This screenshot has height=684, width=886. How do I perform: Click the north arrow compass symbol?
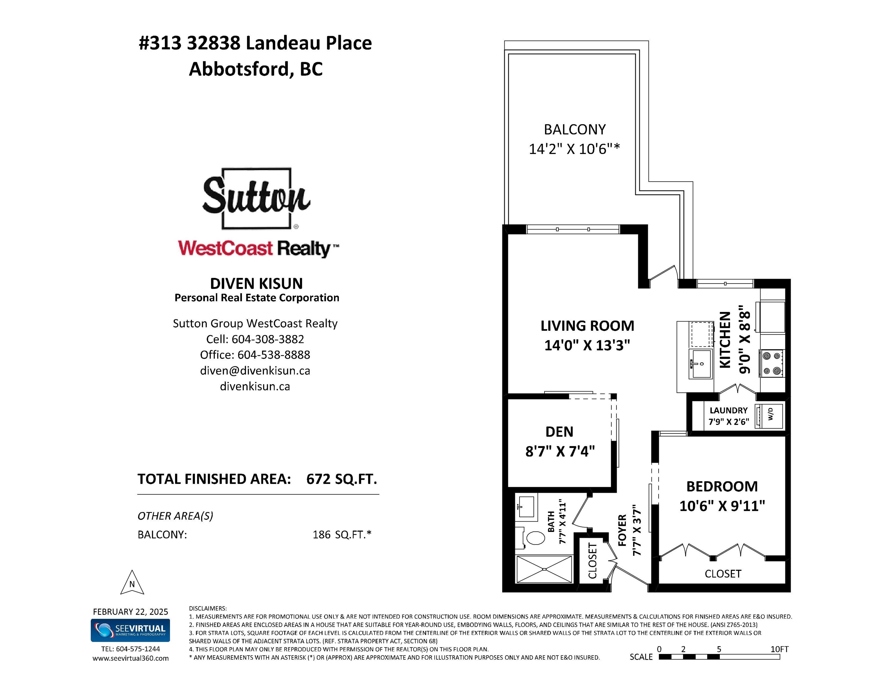click(x=132, y=583)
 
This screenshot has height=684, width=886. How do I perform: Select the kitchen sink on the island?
click(x=701, y=363)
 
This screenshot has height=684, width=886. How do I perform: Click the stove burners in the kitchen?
click(x=772, y=363)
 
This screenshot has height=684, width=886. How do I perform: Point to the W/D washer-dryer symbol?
click(x=770, y=416)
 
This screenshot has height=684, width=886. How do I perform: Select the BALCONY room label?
click(x=575, y=130)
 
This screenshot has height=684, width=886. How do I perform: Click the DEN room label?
click(x=559, y=432)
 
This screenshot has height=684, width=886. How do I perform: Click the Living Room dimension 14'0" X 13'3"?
click(x=587, y=345)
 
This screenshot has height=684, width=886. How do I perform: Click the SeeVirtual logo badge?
click(x=130, y=630)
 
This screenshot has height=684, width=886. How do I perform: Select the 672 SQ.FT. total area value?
click(x=342, y=479)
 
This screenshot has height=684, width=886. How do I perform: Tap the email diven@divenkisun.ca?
click(x=255, y=371)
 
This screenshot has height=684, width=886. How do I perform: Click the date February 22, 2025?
click(x=131, y=612)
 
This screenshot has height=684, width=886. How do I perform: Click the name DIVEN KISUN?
click(x=256, y=283)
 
